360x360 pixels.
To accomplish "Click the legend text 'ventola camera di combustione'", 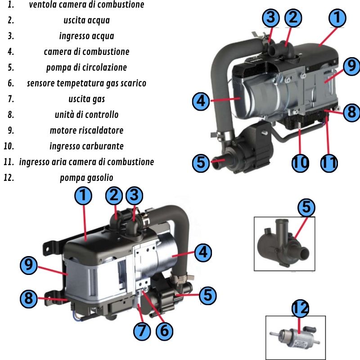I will tap(86, 5).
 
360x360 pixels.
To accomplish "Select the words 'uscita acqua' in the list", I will tap(86, 20).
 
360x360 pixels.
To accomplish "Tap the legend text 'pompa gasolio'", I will tap(86, 178).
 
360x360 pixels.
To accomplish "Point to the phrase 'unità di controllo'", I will tap(86, 115).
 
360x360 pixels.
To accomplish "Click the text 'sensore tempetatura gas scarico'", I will tap(86, 83).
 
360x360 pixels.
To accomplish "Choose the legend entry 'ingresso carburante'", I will tap(86, 146).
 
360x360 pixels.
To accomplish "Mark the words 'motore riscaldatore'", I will tap(86, 130).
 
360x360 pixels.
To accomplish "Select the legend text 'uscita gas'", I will tap(86, 99).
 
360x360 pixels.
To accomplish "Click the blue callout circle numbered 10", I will tap(300, 162).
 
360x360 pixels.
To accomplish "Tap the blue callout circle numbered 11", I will tap(329, 162).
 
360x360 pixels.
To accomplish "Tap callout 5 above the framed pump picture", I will tap(306, 207).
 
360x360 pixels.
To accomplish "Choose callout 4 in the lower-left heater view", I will tap(203, 252).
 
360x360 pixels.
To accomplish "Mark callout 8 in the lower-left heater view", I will tap(28, 297).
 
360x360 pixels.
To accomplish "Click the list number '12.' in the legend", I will tap(9, 178).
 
